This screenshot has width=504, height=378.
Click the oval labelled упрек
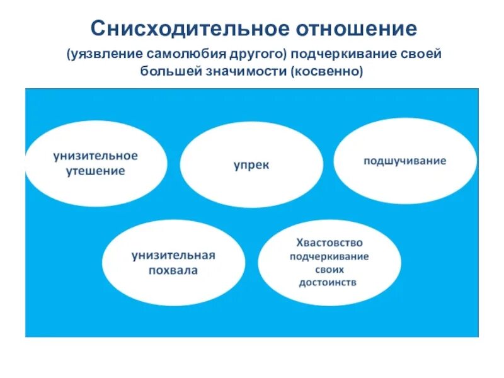251,164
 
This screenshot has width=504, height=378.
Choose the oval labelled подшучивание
404,161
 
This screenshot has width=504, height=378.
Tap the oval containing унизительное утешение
96,163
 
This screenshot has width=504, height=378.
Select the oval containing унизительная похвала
173,263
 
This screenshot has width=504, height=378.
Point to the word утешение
96,171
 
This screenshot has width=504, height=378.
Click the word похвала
173,271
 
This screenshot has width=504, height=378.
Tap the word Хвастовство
329,243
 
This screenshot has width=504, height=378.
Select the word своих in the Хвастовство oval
329,269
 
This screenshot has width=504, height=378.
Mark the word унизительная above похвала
173,256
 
